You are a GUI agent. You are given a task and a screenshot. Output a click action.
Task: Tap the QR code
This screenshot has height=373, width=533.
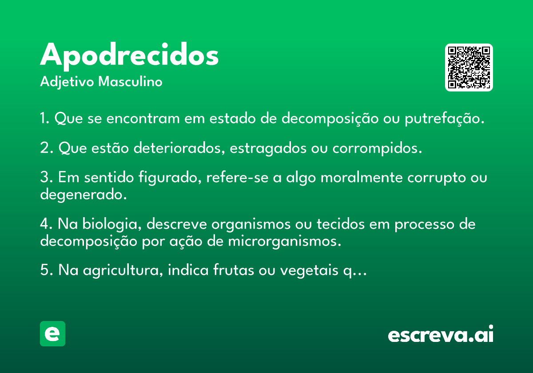click(x=469, y=67)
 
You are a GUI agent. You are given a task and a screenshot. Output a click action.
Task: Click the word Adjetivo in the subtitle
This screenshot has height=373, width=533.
click(x=67, y=82)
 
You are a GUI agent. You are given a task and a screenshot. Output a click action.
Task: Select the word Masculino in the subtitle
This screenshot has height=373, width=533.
click(x=130, y=81)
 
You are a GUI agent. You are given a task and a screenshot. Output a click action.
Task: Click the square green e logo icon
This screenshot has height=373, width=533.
click(x=52, y=333)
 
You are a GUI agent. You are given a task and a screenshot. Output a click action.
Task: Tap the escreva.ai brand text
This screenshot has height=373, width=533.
click(x=441, y=333)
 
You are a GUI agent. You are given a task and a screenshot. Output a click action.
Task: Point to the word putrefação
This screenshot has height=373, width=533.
click(x=445, y=118)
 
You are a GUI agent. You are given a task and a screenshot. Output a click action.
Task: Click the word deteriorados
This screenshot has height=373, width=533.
click(x=179, y=148)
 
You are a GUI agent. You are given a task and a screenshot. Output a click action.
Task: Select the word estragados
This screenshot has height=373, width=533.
click(x=268, y=148)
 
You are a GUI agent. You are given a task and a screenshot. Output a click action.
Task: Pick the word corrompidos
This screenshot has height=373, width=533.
click(x=377, y=148)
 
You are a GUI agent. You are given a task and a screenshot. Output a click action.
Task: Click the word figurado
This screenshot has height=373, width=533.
click(x=170, y=178)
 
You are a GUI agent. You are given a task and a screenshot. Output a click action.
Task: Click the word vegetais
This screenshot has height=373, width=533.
click(x=309, y=270)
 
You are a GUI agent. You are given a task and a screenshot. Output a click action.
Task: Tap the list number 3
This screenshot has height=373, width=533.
click(x=44, y=177)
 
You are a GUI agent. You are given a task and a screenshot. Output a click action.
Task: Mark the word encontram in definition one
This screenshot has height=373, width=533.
click(x=143, y=118)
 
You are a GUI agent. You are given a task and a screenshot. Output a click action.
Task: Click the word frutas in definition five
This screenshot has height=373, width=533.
click(x=234, y=270)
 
